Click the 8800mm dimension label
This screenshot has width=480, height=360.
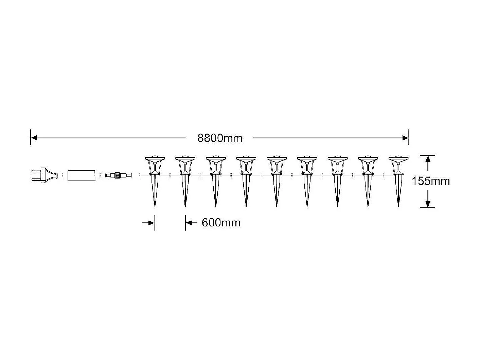(220, 138)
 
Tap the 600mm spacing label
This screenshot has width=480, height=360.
(221, 223)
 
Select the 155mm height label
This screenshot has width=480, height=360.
(430, 181)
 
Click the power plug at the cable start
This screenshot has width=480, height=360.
(44, 175)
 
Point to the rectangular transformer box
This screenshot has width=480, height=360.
(82, 175)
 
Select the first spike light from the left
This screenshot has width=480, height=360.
(155, 180)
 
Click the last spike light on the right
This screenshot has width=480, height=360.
(398, 180)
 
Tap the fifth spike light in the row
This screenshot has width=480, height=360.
(277, 180)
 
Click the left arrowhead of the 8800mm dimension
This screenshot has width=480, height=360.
(34, 138)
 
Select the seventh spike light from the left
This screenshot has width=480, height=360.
(338, 180)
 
